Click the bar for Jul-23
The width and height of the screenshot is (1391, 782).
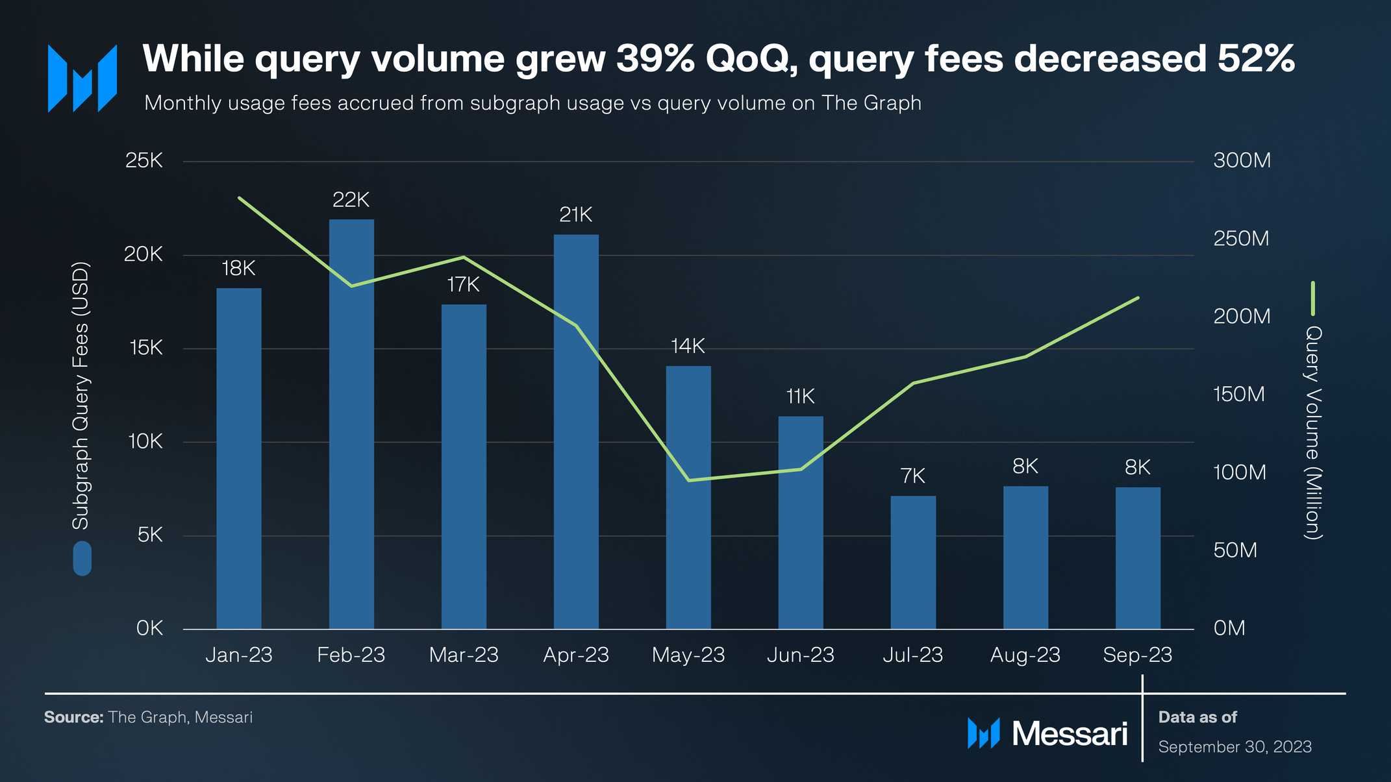coord(912,562)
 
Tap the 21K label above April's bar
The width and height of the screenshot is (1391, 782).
coord(575,215)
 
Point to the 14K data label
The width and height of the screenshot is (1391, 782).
coord(688,346)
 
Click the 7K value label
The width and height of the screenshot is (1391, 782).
coord(912,476)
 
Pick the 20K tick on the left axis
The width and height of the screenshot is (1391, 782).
coord(144,254)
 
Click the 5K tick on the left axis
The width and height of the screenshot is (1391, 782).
coord(149,535)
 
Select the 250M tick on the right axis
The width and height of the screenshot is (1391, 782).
coord(1241,238)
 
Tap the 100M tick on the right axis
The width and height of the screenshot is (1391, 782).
coord(1239,472)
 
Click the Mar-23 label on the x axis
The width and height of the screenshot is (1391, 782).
coord(463,655)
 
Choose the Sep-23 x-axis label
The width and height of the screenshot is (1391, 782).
coord(1137,655)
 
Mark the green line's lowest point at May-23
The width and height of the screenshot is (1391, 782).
coord(688,480)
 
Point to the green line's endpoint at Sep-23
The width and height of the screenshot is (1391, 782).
coord(1138,298)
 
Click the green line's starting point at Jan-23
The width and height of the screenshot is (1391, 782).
coord(240,198)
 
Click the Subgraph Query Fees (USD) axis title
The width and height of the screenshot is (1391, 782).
coord(81,396)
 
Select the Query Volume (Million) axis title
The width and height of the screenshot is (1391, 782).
coord(1312,432)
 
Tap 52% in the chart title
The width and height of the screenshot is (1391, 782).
coord(1255,58)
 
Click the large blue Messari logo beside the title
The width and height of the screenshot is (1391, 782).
coord(82,79)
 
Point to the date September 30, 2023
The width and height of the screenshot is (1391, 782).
coord(1234,747)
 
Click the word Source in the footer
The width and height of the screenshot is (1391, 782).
coord(73,717)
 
